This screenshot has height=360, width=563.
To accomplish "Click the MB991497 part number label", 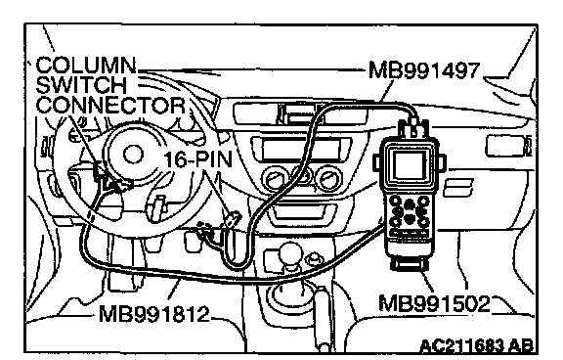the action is point(424,70).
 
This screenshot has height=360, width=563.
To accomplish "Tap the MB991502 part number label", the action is point(434,303).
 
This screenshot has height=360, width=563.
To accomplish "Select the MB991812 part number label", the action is point(153,314).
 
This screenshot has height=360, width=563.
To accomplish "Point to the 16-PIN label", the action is point(198,159).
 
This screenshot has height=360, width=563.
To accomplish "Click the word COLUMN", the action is point(86,66).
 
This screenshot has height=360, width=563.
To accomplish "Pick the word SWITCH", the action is point(81,85).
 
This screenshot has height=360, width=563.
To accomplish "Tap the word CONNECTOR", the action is point(111,106).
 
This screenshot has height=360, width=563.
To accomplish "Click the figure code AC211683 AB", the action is point(476,345).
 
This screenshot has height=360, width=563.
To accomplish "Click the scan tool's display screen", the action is point(409,165).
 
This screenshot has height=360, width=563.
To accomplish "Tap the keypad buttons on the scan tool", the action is point(410,212).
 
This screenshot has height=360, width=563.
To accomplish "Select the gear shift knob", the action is point(290,254).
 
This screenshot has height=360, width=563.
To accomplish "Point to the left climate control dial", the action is point(275,177).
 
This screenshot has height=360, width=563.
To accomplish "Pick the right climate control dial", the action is point(329,177).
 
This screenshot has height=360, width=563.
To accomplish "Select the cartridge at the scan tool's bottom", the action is point(410,264).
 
